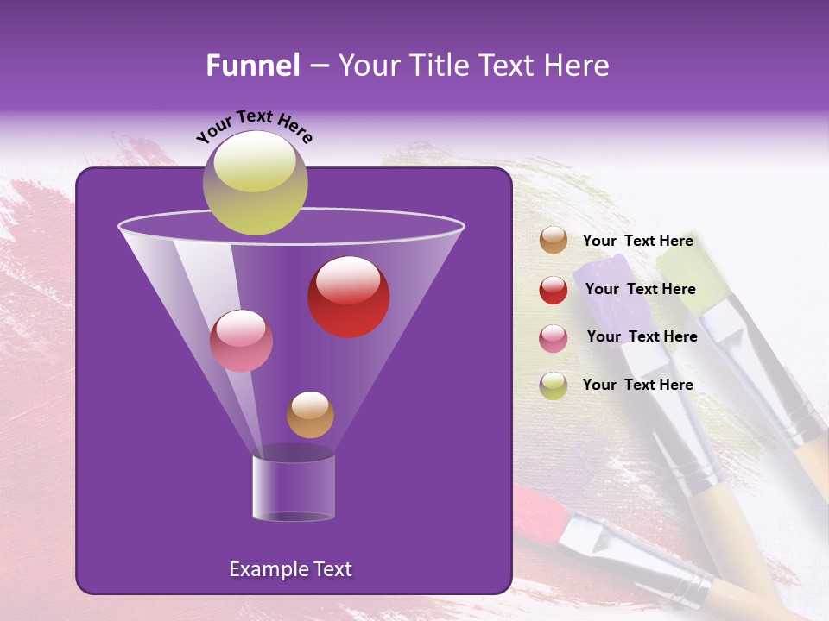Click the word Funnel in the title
click(x=252, y=66)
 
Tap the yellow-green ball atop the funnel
click(x=255, y=182)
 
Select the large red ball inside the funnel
click(x=348, y=296)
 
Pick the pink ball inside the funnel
click(x=241, y=341)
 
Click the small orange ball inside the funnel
click(x=310, y=414)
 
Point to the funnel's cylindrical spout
click(x=293, y=486)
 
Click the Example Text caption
click(x=290, y=569)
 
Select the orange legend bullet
click(x=554, y=241)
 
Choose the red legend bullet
click(x=554, y=290)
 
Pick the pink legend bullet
click(x=554, y=337)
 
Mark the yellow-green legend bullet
click(x=554, y=385)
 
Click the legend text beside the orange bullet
click(x=637, y=241)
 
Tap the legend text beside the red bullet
click(x=640, y=289)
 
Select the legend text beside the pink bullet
click(x=642, y=336)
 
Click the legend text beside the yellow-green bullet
click(x=637, y=385)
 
